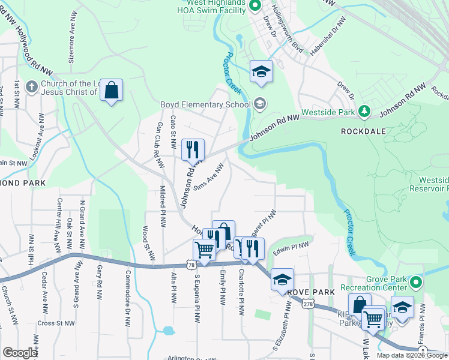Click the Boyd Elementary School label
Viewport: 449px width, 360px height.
pyautogui.click(x=205, y=104)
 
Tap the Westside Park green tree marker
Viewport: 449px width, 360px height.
pyautogui.click(x=363, y=111)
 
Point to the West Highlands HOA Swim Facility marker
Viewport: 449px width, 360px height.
pyautogui.click(x=254, y=7)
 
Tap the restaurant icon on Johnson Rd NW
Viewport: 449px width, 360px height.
pyautogui.click(x=193, y=149)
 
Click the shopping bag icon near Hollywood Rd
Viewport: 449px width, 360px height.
pyautogui.click(x=111, y=90)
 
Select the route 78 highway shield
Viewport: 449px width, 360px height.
pyautogui.click(x=190, y=264)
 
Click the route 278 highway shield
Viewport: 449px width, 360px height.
pyautogui.click(x=308, y=305)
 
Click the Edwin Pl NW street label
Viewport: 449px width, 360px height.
pyautogui.click(x=291, y=246)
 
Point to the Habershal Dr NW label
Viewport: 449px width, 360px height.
pyautogui.click(x=329, y=37)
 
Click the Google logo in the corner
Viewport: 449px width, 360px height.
pyautogui.click(x=20, y=353)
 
